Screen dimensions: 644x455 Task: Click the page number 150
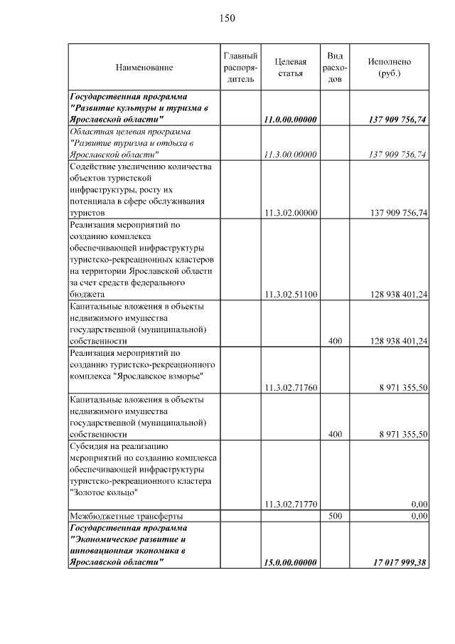[227, 18]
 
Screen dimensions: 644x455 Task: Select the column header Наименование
[144, 68]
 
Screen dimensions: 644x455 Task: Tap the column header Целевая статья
[289, 68]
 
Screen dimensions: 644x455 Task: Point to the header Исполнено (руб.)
[389, 68]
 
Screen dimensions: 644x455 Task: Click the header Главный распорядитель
[240, 68]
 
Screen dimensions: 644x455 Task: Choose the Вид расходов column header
[335, 68]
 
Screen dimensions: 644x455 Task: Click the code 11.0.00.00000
[289, 120]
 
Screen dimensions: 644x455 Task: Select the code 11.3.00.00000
[289, 154]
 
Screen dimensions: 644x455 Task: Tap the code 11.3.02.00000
[289, 213]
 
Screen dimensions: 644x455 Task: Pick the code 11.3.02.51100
[289, 294]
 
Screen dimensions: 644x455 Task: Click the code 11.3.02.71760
[289, 388]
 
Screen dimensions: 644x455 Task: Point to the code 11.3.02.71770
[289, 504]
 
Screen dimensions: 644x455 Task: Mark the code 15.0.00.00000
[289, 562]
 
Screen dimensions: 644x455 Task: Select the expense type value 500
[335, 516]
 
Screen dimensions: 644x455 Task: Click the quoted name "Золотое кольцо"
[102, 492]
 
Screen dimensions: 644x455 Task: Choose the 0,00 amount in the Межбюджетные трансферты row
[419, 516]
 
